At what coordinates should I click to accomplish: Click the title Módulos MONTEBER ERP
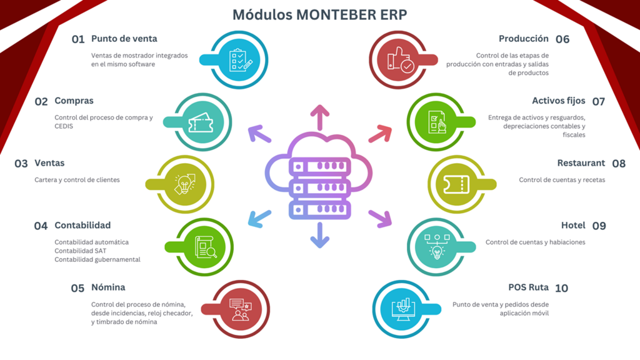click(x=319, y=14)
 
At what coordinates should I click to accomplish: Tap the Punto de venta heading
click(x=124, y=39)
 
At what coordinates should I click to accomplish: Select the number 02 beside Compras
click(x=41, y=101)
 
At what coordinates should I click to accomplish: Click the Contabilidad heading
click(x=82, y=225)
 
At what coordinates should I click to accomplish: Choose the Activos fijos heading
click(x=559, y=101)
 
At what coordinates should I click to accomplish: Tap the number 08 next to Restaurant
click(x=619, y=164)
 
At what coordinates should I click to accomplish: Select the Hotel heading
click(x=573, y=225)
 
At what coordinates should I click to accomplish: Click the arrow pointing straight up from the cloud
click(x=320, y=117)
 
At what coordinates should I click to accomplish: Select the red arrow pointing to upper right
click(x=379, y=134)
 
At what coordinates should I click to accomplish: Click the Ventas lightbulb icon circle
click(x=184, y=184)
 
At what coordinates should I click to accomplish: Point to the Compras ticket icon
click(x=203, y=122)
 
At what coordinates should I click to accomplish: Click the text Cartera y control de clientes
click(x=77, y=180)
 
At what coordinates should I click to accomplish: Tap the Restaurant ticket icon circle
click(x=456, y=184)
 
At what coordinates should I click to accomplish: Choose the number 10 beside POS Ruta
click(x=561, y=288)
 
